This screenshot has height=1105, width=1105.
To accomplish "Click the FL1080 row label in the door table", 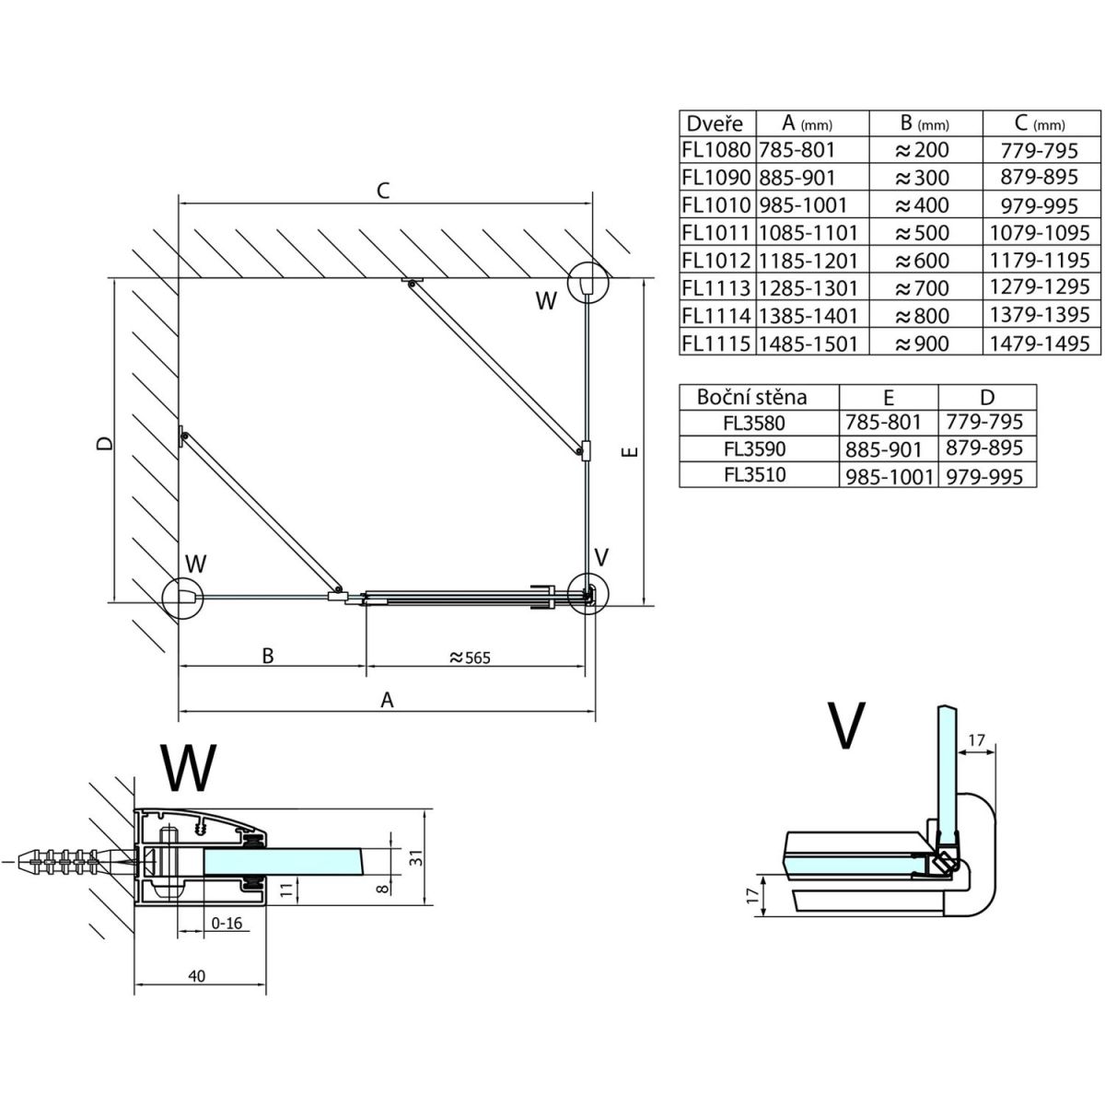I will pos(717,149).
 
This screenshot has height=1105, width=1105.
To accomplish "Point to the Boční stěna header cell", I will pos(752,398).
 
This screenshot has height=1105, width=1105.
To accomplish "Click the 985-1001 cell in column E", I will pos(889,476).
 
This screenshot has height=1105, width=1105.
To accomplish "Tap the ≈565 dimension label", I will pos(470,657).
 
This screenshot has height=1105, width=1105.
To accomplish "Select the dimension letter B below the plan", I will pos(268,656).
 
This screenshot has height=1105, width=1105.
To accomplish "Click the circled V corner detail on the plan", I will pos(587,592).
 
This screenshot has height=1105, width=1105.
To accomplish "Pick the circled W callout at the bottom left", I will pos(181,597).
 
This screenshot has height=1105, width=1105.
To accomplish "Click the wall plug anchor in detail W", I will pos(69,862).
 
